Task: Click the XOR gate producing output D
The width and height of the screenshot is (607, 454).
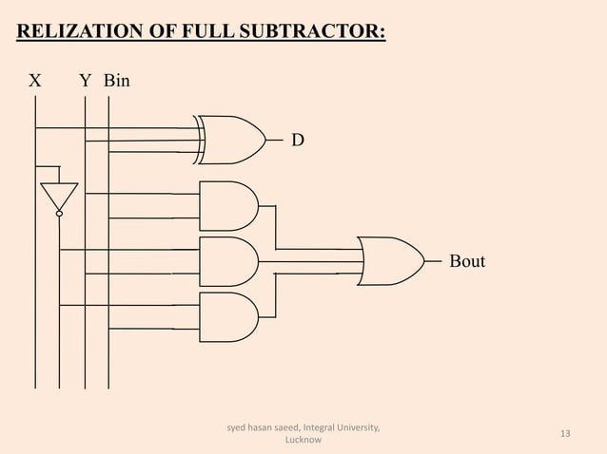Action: click(x=231, y=140)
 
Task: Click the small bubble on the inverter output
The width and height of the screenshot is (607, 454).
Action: click(x=58, y=215)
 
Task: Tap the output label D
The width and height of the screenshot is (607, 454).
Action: click(x=298, y=141)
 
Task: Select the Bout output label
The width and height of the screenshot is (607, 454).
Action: click(x=466, y=261)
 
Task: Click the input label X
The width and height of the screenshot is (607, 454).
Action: click(x=34, y=82)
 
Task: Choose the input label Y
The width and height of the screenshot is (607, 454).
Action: click(x=85, y=82)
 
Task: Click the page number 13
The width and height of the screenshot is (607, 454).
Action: click(x=565, y=434)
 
